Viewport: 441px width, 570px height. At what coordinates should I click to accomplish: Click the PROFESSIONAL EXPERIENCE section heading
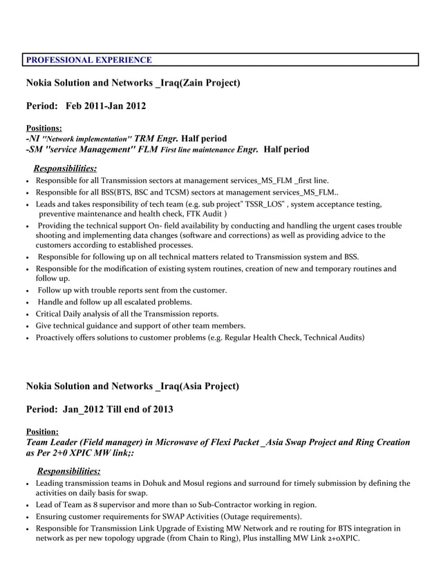[x=88, y=60]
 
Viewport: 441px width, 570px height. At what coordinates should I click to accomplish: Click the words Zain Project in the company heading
[x=209, y=83]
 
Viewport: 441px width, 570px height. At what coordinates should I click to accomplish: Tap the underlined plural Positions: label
[x=44, y=128]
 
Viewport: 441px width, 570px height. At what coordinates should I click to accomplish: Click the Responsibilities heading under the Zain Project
[x=65, y=168]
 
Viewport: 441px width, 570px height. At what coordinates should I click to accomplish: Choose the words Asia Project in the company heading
[x=208, y=386]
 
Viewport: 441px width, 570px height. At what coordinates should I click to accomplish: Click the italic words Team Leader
[x=56, y=442]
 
